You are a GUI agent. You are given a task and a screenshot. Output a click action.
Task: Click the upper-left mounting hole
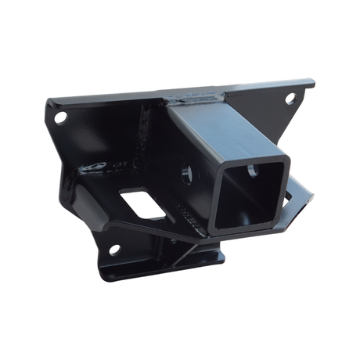pyautogui.click(x=61, y=117)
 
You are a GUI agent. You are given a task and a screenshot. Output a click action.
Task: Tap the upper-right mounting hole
pyautogui.click(x=290, y=99)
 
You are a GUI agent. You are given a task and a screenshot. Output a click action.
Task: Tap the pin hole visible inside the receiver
pyautogui.click(x=253, y=171)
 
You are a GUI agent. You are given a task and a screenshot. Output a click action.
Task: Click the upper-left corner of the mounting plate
pyautogui.click(x=49, y=102)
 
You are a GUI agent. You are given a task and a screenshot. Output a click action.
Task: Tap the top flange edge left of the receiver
pyautogui.click(x=110, y=99)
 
